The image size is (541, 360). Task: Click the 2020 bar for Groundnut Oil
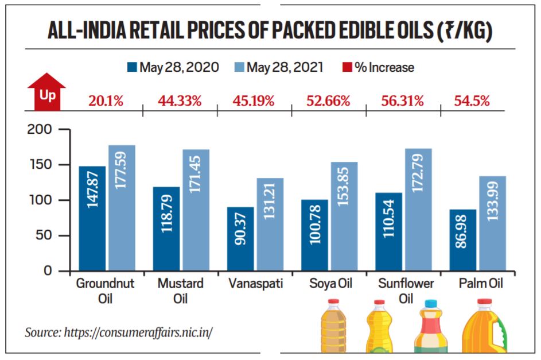click(x=92, y=218)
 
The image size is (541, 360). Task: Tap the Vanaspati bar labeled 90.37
click(x=240, y=238)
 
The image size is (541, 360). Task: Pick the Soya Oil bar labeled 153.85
click(x=344, y=216)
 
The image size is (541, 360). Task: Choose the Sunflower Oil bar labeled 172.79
click(x=418, y=210)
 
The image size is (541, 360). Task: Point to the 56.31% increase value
click(x=402, y=102)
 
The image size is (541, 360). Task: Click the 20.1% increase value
click(x=106, y=102)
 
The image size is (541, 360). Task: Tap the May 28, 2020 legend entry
click(x=173, y=67)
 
